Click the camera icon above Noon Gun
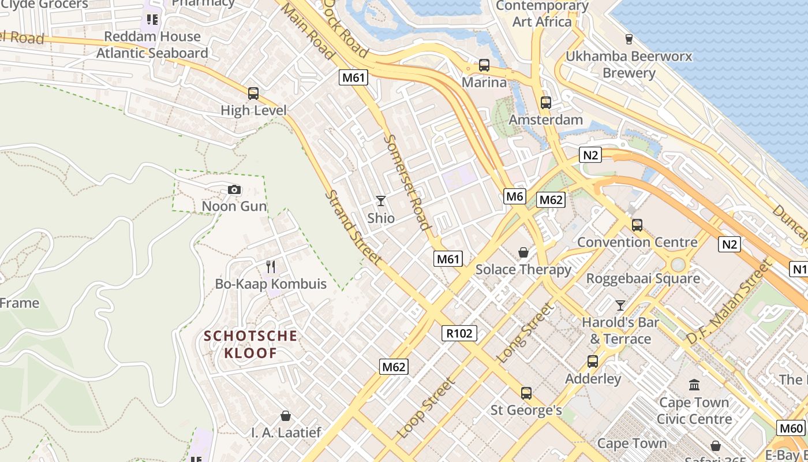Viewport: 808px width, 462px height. [x=234, y=190]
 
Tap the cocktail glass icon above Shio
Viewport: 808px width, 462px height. [x=381, y=201]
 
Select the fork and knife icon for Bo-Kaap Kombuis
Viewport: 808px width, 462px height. [x=271, y=267]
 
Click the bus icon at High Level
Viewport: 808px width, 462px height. [x=253, y=94]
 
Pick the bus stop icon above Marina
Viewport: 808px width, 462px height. [x=484, y=65]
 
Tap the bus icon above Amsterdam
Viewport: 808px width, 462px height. [x=545, y=103]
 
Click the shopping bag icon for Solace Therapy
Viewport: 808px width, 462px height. [x=523, y=252]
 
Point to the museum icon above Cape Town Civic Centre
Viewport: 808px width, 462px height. [x=694, y=385]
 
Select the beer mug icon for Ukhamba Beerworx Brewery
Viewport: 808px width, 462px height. [x=629, y=39]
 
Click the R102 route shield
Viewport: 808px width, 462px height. [x=460, y=333]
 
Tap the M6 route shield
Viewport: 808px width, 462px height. [x=515, y=196]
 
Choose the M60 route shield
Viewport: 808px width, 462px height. [x=791, y=428]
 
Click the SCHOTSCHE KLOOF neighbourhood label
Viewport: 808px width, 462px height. [x=250, y=344]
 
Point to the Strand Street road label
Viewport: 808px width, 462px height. [x=353, y=228]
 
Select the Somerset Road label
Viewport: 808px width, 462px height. [x=407, y=182]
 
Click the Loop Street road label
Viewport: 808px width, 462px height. [x=426, y=407]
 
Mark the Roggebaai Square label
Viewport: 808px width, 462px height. [x=643, y=278]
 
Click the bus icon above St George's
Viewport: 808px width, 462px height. [x=526, y=393]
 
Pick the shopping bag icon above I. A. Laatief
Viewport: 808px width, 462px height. [x=286, y=416]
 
